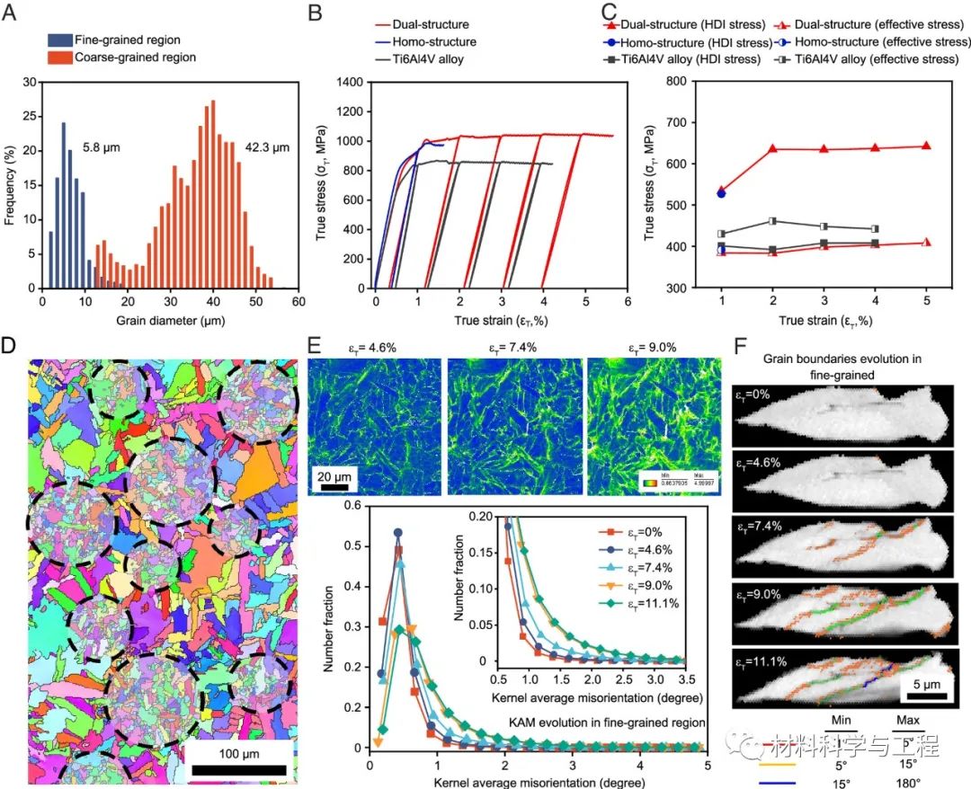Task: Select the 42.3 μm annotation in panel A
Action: pyautogui.click(x=268, y=146)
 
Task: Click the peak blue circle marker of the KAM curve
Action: pyautogui.click(x=397, y=533)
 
